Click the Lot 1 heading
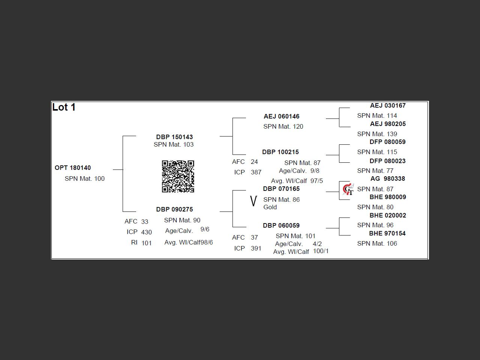64,107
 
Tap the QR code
178,176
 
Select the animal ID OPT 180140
73,168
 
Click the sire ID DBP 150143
174,137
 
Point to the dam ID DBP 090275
174,209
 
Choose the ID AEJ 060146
282,116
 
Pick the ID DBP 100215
280,152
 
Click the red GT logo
348,189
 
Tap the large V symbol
253,201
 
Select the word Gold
270,207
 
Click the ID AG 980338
387,178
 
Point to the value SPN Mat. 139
377,134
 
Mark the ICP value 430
146,232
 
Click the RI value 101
146,243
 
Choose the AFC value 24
254,162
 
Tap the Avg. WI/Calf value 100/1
321,251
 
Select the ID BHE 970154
387,233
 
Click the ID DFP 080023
387,161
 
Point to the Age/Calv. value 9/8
315,171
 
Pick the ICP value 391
256,248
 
